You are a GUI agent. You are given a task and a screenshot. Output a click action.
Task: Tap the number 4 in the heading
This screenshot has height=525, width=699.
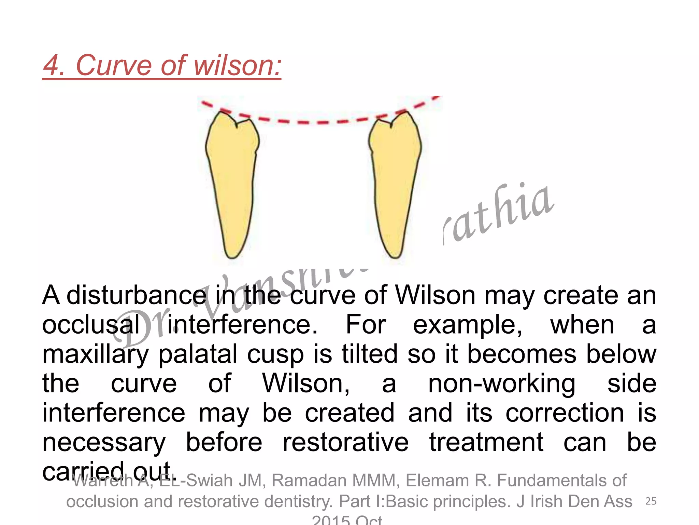click(53, 66)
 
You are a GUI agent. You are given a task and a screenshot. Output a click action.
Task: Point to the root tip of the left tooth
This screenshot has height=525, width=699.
click(232, 255)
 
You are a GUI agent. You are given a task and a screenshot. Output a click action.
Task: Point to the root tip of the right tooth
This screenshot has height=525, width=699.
click(395, 255)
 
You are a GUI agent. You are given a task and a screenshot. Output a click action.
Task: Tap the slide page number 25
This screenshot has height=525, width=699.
click(651, 501)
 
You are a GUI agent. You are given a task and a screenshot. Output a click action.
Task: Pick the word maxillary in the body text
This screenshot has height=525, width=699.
click(96, 354)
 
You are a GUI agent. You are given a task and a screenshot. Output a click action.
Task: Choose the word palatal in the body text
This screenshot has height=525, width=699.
click(198, 354)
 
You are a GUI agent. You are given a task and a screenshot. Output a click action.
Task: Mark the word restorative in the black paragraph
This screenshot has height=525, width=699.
click(345, 443)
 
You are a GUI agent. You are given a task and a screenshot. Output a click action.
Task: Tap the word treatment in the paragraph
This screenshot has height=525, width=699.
click(486, 443)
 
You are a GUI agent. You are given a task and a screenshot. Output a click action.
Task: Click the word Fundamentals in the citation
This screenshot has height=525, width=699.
click(561, 481)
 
